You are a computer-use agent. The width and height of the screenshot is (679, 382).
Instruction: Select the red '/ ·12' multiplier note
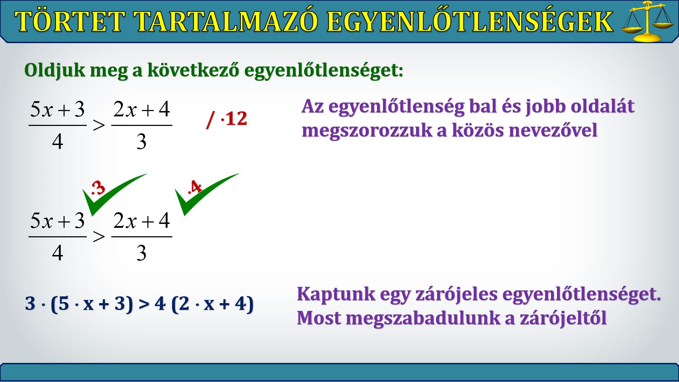(x=227, y=119)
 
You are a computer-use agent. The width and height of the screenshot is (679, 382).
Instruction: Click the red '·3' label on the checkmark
(x=98, y=187)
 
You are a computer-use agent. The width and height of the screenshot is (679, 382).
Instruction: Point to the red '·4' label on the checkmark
(x=195, y=187)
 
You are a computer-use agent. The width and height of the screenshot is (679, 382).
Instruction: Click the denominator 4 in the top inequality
(x=58, y=141)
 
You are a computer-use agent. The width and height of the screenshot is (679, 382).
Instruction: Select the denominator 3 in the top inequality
(x=141, y=141)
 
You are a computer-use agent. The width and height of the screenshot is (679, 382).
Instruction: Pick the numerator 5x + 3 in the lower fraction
(x=58, y=220)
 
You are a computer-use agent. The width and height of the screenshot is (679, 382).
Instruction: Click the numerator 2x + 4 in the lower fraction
(x=142, y=220)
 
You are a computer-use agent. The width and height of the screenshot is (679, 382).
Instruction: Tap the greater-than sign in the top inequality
(x=99, y=125)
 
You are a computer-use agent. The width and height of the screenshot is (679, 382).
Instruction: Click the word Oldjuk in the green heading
(x=55, y=70)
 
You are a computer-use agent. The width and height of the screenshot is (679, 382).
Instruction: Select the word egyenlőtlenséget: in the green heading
(x=324, y=70)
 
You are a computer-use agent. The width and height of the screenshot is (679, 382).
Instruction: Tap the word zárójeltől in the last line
(x=563, y=318)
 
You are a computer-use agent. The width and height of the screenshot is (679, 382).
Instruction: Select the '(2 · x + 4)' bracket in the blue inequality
(x=213, y=303)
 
